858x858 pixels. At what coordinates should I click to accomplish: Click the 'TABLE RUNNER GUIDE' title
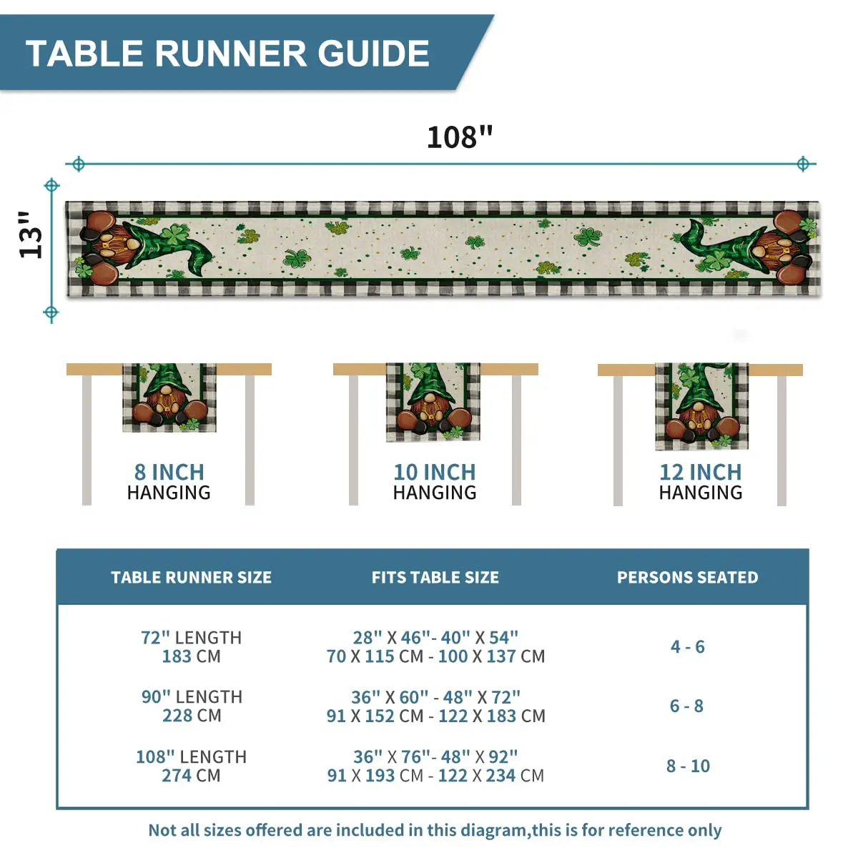(227, 54)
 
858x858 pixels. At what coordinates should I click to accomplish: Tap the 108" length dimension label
(460, 137)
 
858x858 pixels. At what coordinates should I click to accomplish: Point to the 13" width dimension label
(31, 235)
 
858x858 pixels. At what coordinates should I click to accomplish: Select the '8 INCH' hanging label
(169, 472)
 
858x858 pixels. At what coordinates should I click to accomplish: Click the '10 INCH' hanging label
(435, 472)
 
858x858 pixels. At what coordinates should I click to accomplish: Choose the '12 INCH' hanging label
(701, 472)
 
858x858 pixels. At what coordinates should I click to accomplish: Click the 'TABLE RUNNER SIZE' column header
(191, 578)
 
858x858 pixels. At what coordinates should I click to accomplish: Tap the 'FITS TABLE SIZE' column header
(435, 578)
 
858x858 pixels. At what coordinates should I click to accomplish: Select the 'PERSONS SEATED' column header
(687, 578)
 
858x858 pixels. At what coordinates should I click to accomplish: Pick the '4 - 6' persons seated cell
(687, 646)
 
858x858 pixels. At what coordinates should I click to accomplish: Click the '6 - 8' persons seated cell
(686, 706)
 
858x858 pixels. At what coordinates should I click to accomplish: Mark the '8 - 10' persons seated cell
(688, 766)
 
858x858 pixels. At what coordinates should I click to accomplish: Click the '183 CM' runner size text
(191, 656)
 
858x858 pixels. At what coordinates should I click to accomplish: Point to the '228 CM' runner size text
(192, 716)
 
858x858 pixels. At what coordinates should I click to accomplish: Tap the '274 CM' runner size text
(191, 776)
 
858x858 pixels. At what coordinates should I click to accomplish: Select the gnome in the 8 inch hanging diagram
(169, 400)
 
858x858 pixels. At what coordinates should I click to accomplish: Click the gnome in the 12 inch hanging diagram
(701, 408)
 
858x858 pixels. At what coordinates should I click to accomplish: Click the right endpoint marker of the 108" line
(803, 164)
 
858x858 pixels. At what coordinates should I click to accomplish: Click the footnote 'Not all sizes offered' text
(435, 830)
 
